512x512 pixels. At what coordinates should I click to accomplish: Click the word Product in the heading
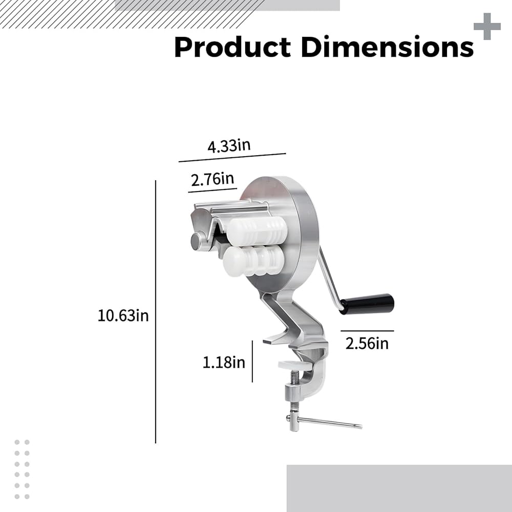tap(232, 47)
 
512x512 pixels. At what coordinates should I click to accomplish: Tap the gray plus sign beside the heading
tap(487, 27)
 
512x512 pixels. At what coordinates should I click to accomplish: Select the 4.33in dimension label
tap(229, 145)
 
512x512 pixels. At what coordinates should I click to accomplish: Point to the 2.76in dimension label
tap(212, 179)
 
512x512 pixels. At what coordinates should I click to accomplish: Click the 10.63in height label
tap(123, 316)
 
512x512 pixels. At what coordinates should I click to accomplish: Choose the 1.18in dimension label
tap(224, 362)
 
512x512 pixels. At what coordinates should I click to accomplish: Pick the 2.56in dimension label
tap(367, 344)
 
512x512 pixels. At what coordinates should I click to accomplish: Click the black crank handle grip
tap(367, 304)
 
